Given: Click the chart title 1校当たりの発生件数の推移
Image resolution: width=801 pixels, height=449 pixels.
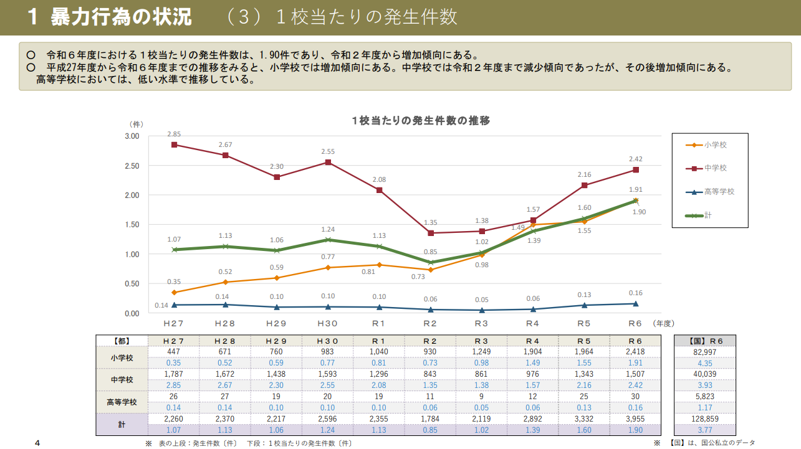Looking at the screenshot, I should tap(421, 121).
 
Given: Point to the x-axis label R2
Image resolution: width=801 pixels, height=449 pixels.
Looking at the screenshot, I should tap(430, 324).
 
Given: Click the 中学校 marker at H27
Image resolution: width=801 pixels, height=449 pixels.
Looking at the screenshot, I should tap(174, 144).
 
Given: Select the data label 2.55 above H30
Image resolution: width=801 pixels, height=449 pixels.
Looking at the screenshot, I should tap(328, 151).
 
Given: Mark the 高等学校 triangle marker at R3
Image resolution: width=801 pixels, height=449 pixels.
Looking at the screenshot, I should tap(481, 310).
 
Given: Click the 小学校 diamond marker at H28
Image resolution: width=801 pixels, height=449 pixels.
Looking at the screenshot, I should tap(225, 282).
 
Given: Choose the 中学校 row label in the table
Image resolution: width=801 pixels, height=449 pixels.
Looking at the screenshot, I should tap(122, 379).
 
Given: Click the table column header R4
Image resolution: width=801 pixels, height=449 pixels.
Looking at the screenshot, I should tap(532, 341).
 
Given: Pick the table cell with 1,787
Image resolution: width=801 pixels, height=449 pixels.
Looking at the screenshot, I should tap(174, 374).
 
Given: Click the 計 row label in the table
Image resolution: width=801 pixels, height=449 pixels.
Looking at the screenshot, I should tap(122, 424).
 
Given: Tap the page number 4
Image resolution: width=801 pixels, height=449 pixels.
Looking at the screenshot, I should tap(37, 443).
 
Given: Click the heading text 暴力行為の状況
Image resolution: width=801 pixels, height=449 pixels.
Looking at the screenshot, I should tap(122, 17).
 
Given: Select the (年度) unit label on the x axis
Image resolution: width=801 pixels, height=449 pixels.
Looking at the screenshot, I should tap(664, 324).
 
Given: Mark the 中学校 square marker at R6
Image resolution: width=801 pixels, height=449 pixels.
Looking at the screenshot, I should tap(635, 170).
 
